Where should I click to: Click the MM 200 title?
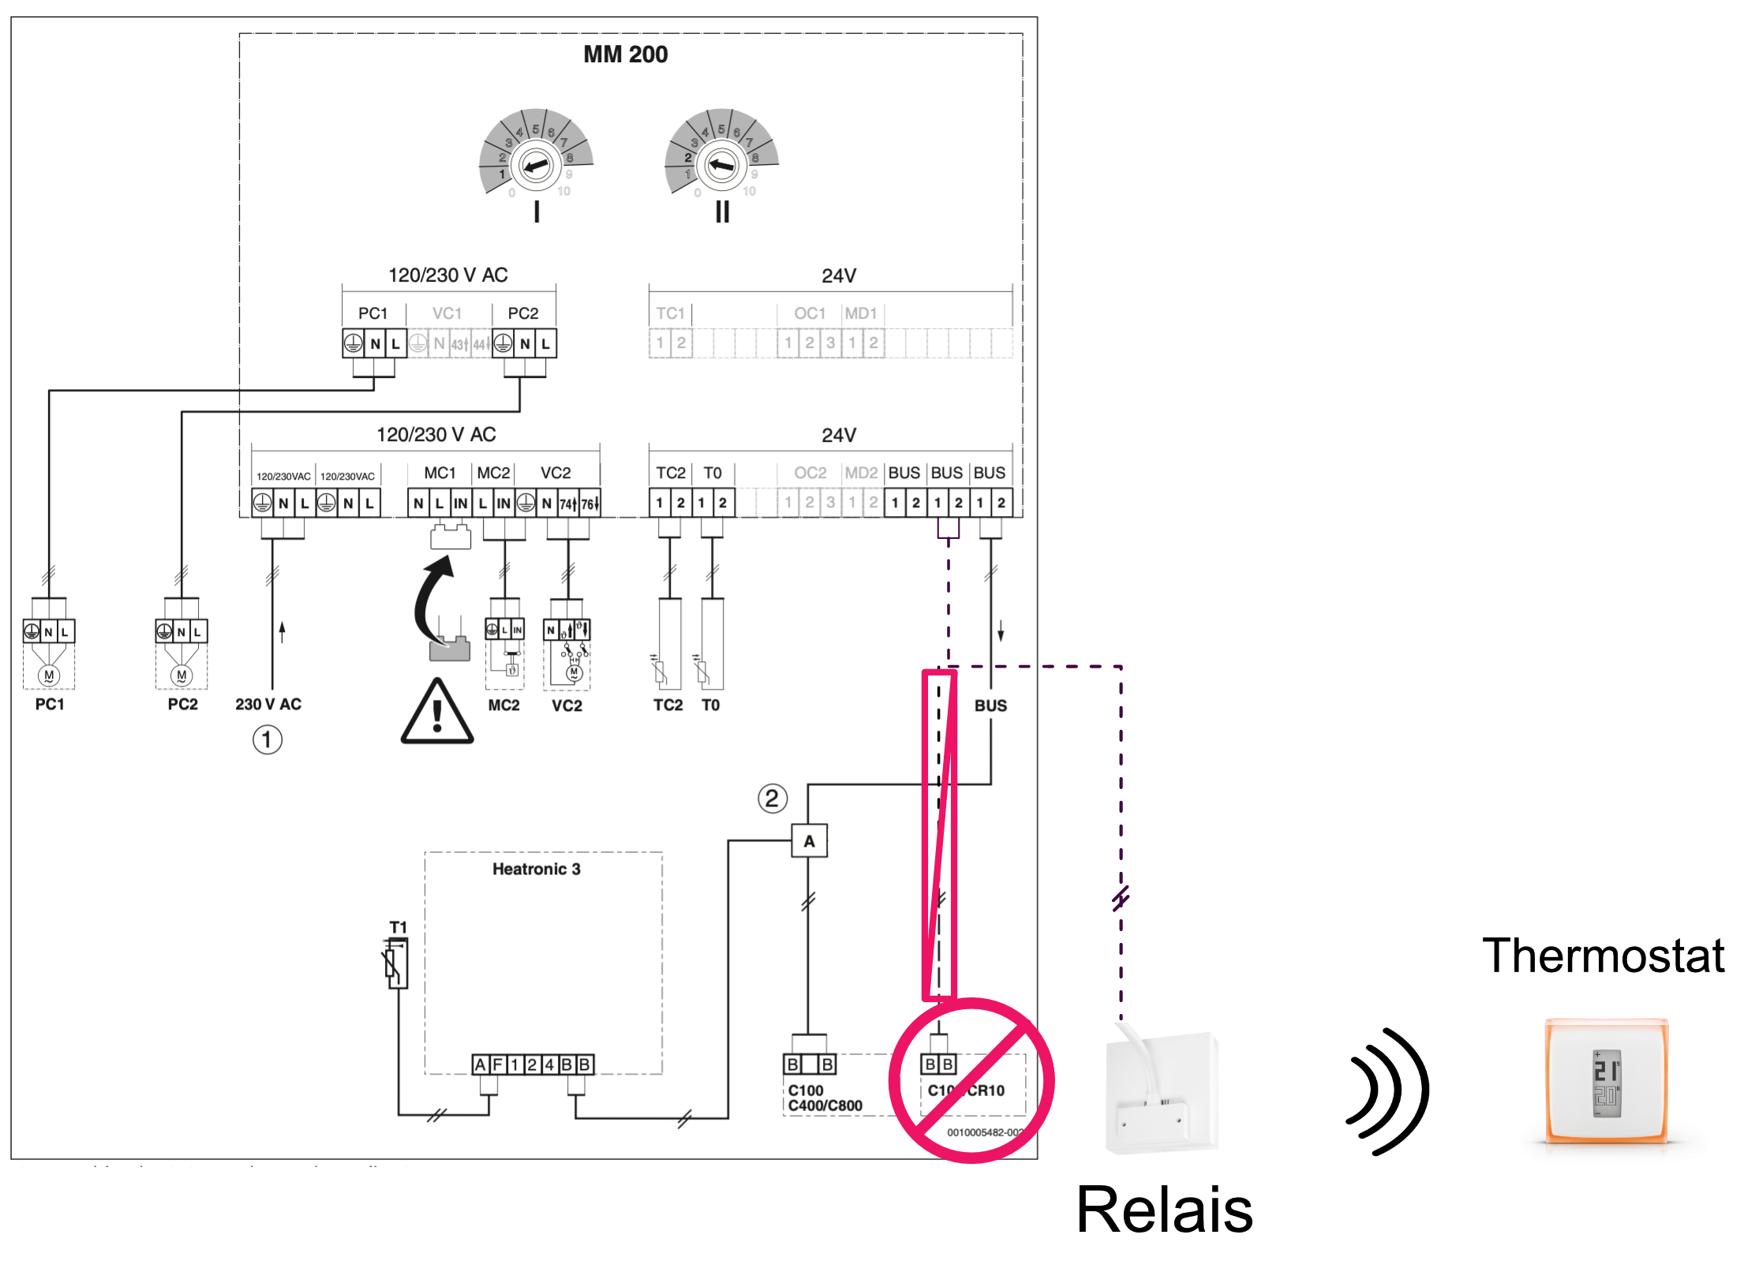point(625,54)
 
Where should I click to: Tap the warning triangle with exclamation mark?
point(436,713)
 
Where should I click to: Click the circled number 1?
point(267,740)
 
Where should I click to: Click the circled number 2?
point(772,799)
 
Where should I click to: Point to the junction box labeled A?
point(809,841)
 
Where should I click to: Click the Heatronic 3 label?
point(536,869)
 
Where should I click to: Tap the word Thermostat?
point(1603,956)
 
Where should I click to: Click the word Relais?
point(1164,1210)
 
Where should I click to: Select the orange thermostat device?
point(1606,1082)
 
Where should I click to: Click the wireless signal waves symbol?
point(1388,1091)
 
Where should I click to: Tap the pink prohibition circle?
point(971,1080)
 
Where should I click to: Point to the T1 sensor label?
point(398,927)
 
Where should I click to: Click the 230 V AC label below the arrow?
point(268,704)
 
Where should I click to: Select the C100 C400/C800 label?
point(825,1098)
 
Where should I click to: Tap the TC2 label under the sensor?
point(668,705)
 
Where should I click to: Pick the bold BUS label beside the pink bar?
point(990,705)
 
